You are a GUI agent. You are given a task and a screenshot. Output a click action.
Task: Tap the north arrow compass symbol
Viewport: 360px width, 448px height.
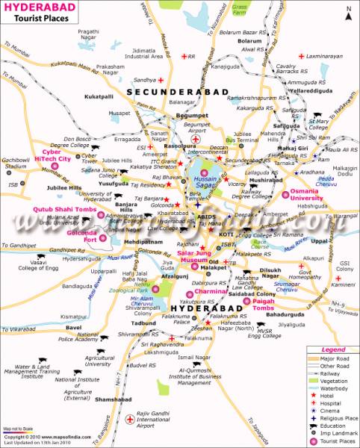tap(347, 11)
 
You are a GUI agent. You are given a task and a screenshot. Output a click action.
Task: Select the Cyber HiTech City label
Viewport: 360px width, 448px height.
tap(54, 155)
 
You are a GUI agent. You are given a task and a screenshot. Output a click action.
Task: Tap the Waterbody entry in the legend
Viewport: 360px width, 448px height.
tap(338, 388)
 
